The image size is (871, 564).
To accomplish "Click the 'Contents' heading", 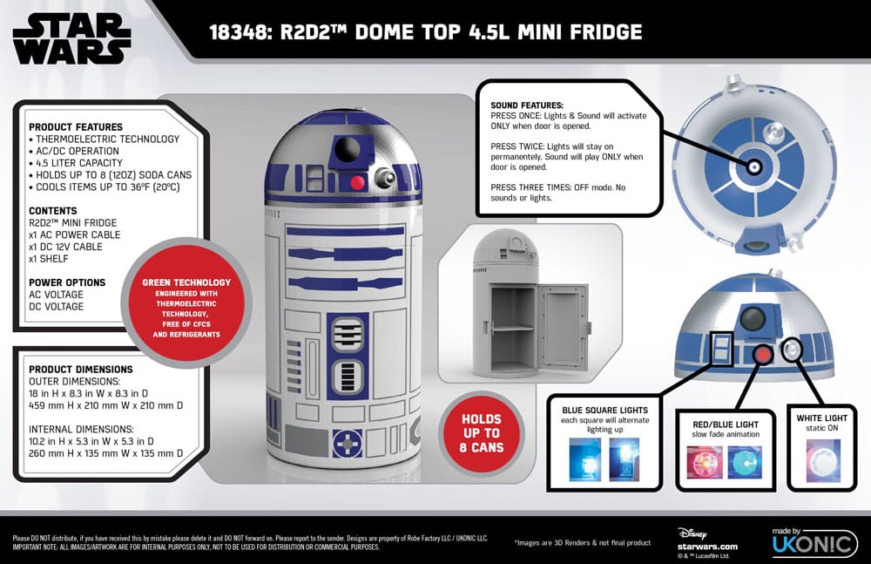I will (x=53, y=211).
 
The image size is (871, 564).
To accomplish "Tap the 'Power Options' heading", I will (x=67, y=282).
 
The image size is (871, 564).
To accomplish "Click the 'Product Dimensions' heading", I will (x=81, y=369).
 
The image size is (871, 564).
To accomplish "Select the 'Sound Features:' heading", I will (x=527, y=105).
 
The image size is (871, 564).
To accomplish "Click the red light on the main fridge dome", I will (x=355, y=183).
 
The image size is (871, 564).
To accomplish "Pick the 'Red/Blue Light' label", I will (x=719, y=425).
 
